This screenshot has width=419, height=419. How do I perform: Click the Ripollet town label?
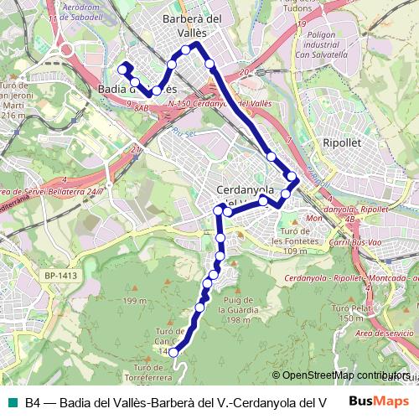click(x=341, y=143)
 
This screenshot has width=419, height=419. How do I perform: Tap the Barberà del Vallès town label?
click(x=192, y=25)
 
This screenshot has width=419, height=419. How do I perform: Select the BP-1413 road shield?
click(x=60, y=275)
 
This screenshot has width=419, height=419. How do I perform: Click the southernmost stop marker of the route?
click(x=174, y=353)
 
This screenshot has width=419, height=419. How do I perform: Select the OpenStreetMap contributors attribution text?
click(x=344, y=375)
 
